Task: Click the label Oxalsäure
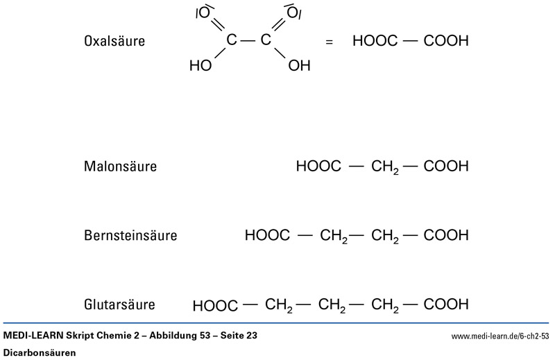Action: coord(114,42)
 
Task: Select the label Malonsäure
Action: coord(120,166)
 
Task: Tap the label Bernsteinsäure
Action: coord(130,236)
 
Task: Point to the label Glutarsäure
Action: coord(119,305)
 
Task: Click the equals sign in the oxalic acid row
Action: coord(329,42)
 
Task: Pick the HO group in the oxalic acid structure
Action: coord(200,67)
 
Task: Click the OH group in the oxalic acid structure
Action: coord(299,67)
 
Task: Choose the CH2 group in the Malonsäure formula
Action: coord(385,167)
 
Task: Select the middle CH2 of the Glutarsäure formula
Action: coord(333,305)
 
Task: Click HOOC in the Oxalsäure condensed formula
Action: coord(375,41)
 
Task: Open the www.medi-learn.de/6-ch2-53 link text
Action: coord(499,336)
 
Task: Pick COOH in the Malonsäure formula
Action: coord(445,166)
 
